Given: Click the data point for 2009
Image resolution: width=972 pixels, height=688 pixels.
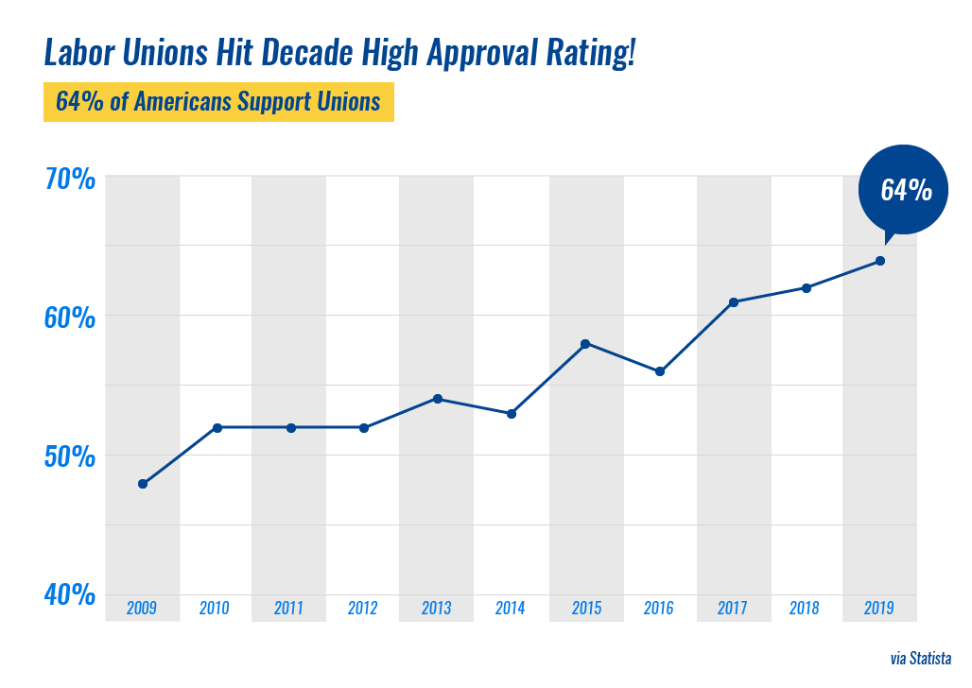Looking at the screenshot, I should pyautogui.click(x=143, y=484).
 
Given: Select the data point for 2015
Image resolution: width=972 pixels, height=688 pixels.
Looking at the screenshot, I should pyautogui.click(x=586, y=344).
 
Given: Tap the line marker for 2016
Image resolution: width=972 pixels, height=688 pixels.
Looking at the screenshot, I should pyautogui.click(x=660, y=371).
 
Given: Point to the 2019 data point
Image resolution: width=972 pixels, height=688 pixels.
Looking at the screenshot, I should pyautogui.click(x=880, y=261).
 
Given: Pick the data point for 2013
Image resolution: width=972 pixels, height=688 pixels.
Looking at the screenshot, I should pyautogui.click(x=438, y=399).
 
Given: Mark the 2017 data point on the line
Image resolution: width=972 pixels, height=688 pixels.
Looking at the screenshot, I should pyautogui.click(x=734, y=302).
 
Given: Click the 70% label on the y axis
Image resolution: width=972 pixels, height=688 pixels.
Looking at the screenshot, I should pyautogui.click(x=70, y=179).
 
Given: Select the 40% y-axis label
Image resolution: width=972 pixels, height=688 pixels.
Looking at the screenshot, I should pyautogui.click(x=70, y=594).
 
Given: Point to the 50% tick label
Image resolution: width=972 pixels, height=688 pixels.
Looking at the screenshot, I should pyautogui.click(x=70, y=456).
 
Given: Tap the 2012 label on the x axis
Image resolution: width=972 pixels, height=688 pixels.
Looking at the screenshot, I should pyautogui.click(x=363, y=608).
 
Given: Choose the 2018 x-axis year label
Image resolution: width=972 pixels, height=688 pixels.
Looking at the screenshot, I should pyautogui.click(x=805, y=608).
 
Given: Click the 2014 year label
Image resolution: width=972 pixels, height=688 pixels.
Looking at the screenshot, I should pyautogui.click(x=511, y=608).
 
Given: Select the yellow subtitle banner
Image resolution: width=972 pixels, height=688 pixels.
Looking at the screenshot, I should pyautogui.click(x=218, y=102).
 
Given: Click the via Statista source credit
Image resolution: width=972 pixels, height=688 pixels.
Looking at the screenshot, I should pyautogui.click(x=920, y=659).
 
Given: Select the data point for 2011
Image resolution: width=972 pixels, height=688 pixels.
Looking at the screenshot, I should pyautogui.click(x=291, y=427).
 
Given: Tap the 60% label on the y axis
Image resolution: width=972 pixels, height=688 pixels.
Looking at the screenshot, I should pyautogui.click(x=70, y=318).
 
